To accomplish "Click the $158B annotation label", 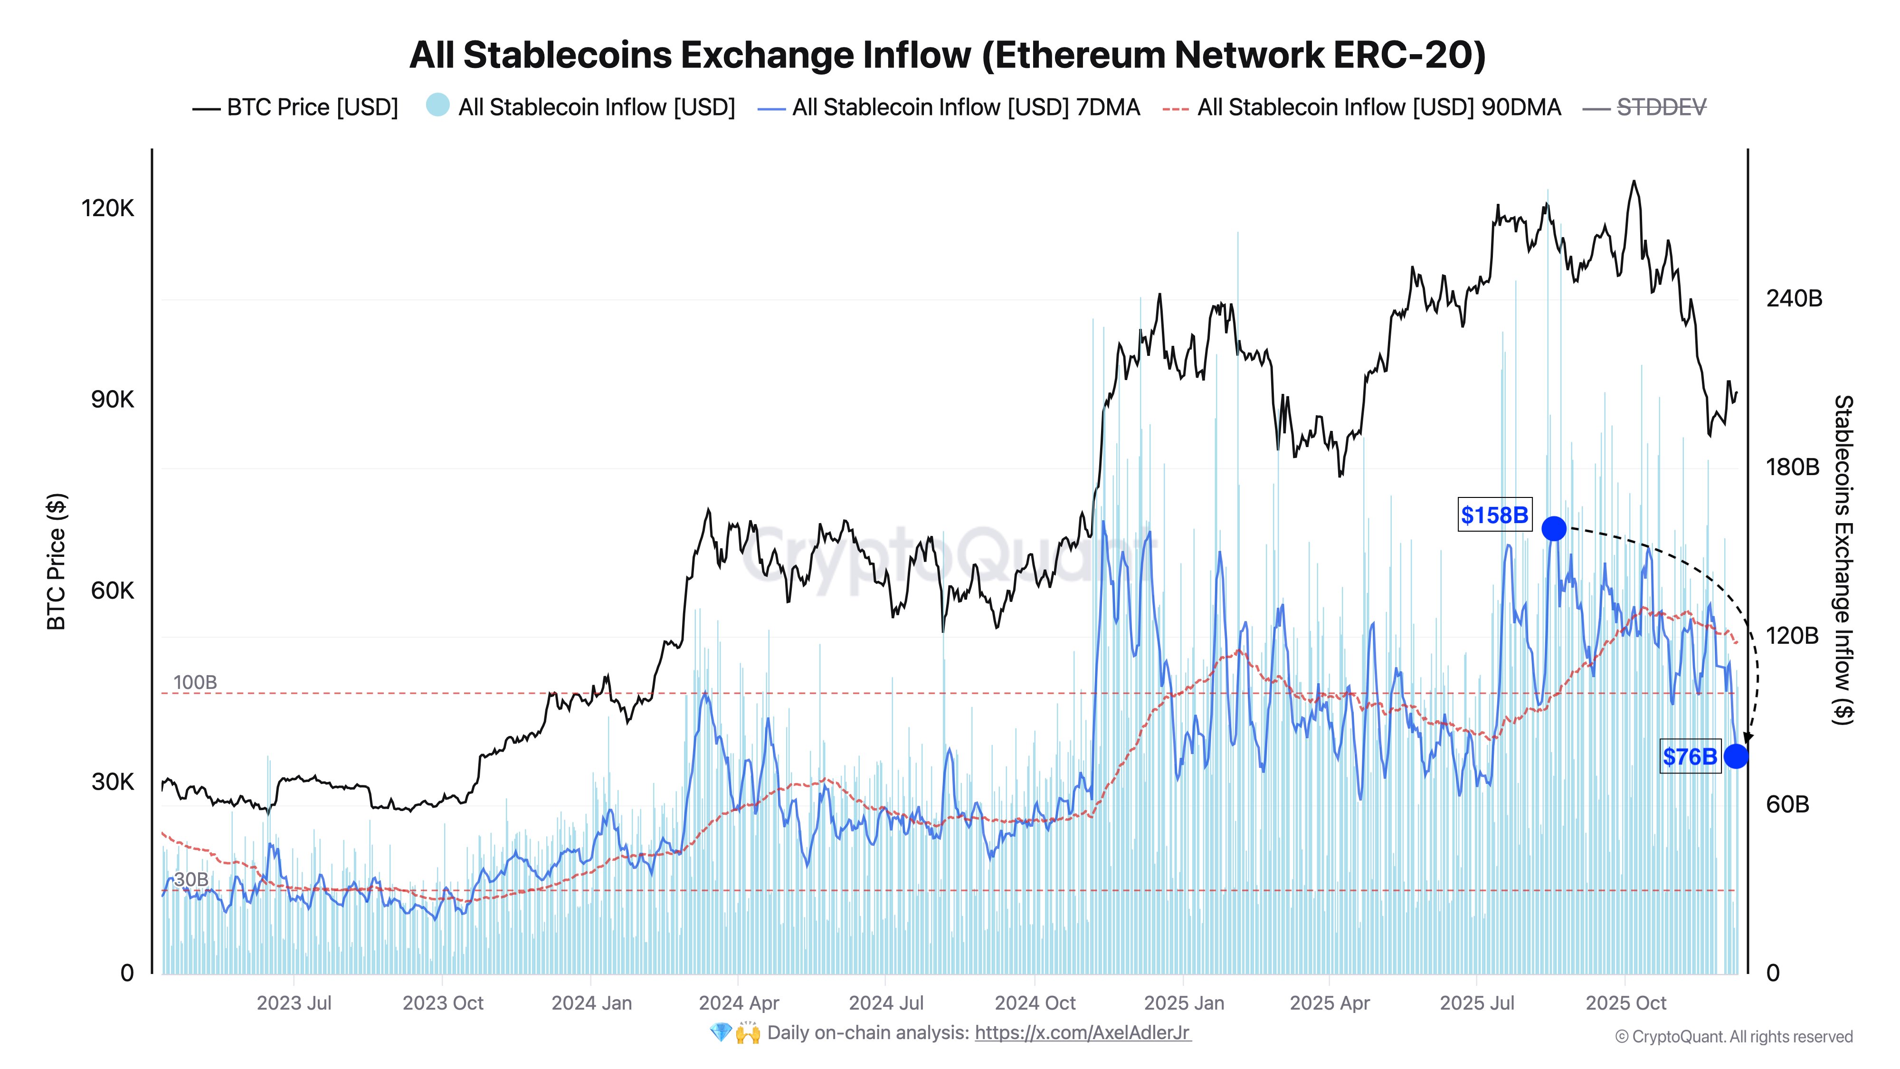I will click(x=1494, y=515).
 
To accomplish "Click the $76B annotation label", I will click(x=1690, y=757).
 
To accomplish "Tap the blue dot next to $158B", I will click(x=1553, y=528).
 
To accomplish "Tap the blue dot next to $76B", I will click(x=1736, y=756).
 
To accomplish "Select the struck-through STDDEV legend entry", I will click(x=1661, y=108).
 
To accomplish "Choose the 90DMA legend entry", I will click(x=1378, y=108).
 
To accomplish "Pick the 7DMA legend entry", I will click(x=965, y=108).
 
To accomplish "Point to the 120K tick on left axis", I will click(x=108, y=208).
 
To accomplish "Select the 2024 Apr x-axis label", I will click(x=738, y=1003).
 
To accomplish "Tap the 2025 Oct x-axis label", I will click(x=1625, y=1003).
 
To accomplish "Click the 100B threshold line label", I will click(x=195, y=682).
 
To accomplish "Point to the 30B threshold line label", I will click(x=191, y=879).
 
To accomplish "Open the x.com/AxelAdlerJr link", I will click(x=1082, y=1033).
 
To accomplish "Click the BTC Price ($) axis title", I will click(x=56, y=562).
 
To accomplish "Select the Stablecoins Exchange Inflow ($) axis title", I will click(x=1843, y=560).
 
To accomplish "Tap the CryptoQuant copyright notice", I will click(x=1733, y=1037).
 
